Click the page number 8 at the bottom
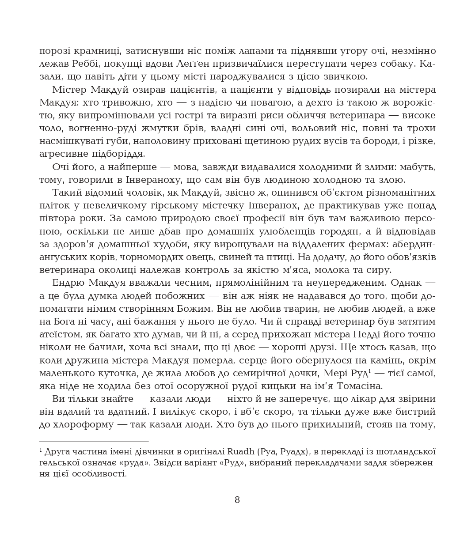coord(237,500)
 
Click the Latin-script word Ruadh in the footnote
coord(242,452)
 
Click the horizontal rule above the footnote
coord(94,441)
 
